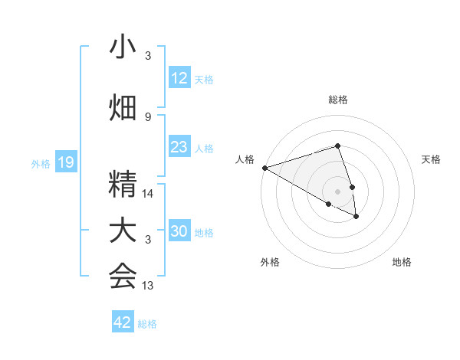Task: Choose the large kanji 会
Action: click(123, 277)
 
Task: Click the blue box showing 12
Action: click(179, 78)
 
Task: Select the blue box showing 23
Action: click(179, 147)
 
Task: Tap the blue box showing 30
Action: click(179, 231)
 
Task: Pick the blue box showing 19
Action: click(65, 162)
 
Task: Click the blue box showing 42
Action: click(123, 322)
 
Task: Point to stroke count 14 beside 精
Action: click(149, 194)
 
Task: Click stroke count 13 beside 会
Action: click(149, 286)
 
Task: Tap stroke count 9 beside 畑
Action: click(148, 116)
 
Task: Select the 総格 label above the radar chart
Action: click(337, 100)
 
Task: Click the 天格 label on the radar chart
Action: click(432, 159)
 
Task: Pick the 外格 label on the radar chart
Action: click(270, 262)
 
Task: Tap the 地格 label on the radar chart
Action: click(402, 262)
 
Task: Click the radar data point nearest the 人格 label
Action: click(264, 167)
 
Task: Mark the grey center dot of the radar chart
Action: click(337, 191)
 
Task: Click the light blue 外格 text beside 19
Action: click(40, 163)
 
